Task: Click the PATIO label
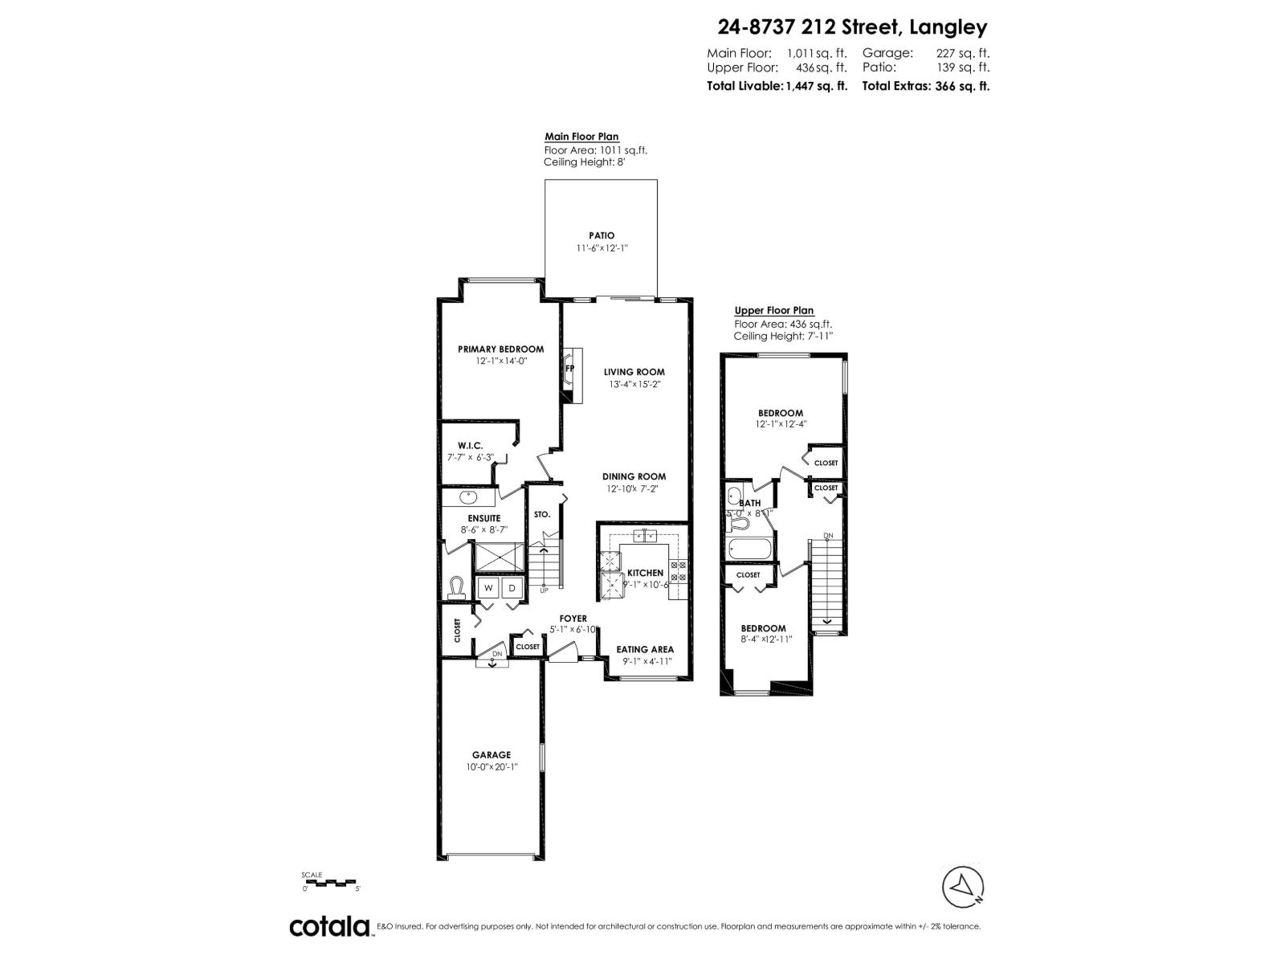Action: tap(601, 235)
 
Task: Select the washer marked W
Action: tap(487, 589)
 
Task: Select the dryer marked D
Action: tap(512, 589)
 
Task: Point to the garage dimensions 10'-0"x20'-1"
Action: tap(491, 767)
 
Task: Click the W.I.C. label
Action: tap(470, 445)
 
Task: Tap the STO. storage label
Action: tap(542, 514)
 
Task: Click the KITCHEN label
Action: tap(645, 573)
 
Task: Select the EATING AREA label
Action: tap(645, 649)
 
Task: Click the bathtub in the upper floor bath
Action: tap(750, 550)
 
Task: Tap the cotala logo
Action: tap(329, 926)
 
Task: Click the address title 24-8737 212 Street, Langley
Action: tap(852, 28)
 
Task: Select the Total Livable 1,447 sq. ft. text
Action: tap(777, 86)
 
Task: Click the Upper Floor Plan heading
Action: tap(774, 311)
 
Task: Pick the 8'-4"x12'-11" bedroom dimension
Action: tap(762, 639)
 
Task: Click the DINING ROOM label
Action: tap(634, 476)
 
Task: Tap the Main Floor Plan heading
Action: tap(581, 137)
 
